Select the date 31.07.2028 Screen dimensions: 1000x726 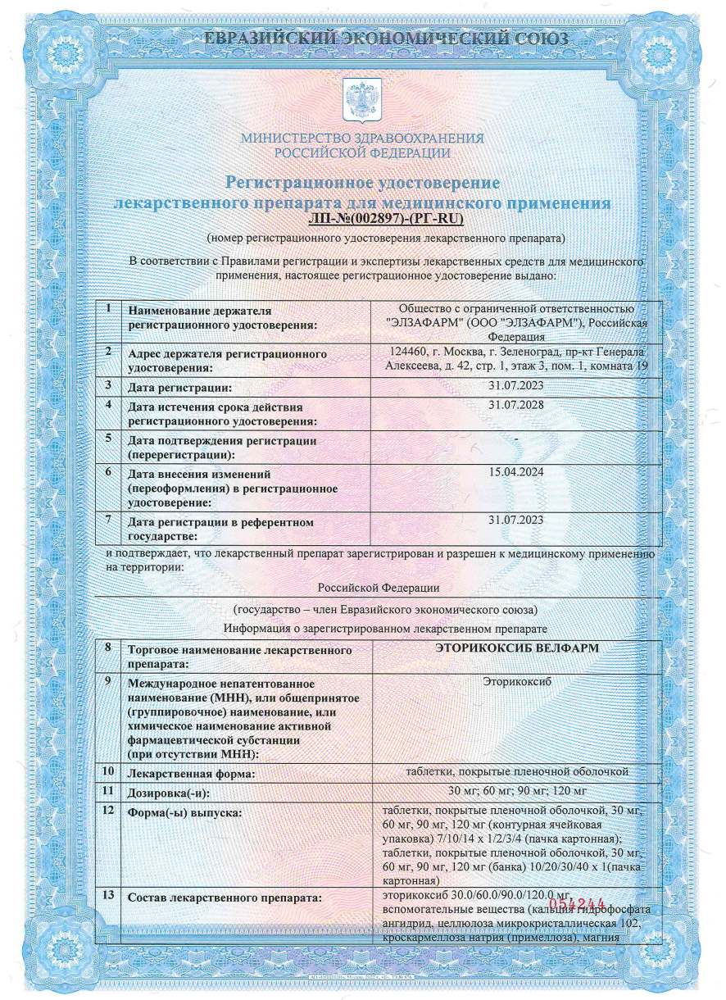(515, 405)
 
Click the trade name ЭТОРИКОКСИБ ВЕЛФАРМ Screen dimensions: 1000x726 (515, 648)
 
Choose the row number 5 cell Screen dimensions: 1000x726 (110, 438)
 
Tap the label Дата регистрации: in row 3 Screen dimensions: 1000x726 (180, 387)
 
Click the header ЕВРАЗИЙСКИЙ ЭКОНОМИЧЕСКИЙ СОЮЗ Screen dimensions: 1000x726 (362, 38)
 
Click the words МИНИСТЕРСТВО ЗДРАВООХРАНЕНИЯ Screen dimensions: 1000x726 (361, 139)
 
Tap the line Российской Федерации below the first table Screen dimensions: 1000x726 (378, 588)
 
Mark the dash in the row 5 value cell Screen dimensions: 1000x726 (515, 439)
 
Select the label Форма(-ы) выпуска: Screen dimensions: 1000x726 (184, 812)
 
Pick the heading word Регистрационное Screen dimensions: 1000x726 (303, 182)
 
